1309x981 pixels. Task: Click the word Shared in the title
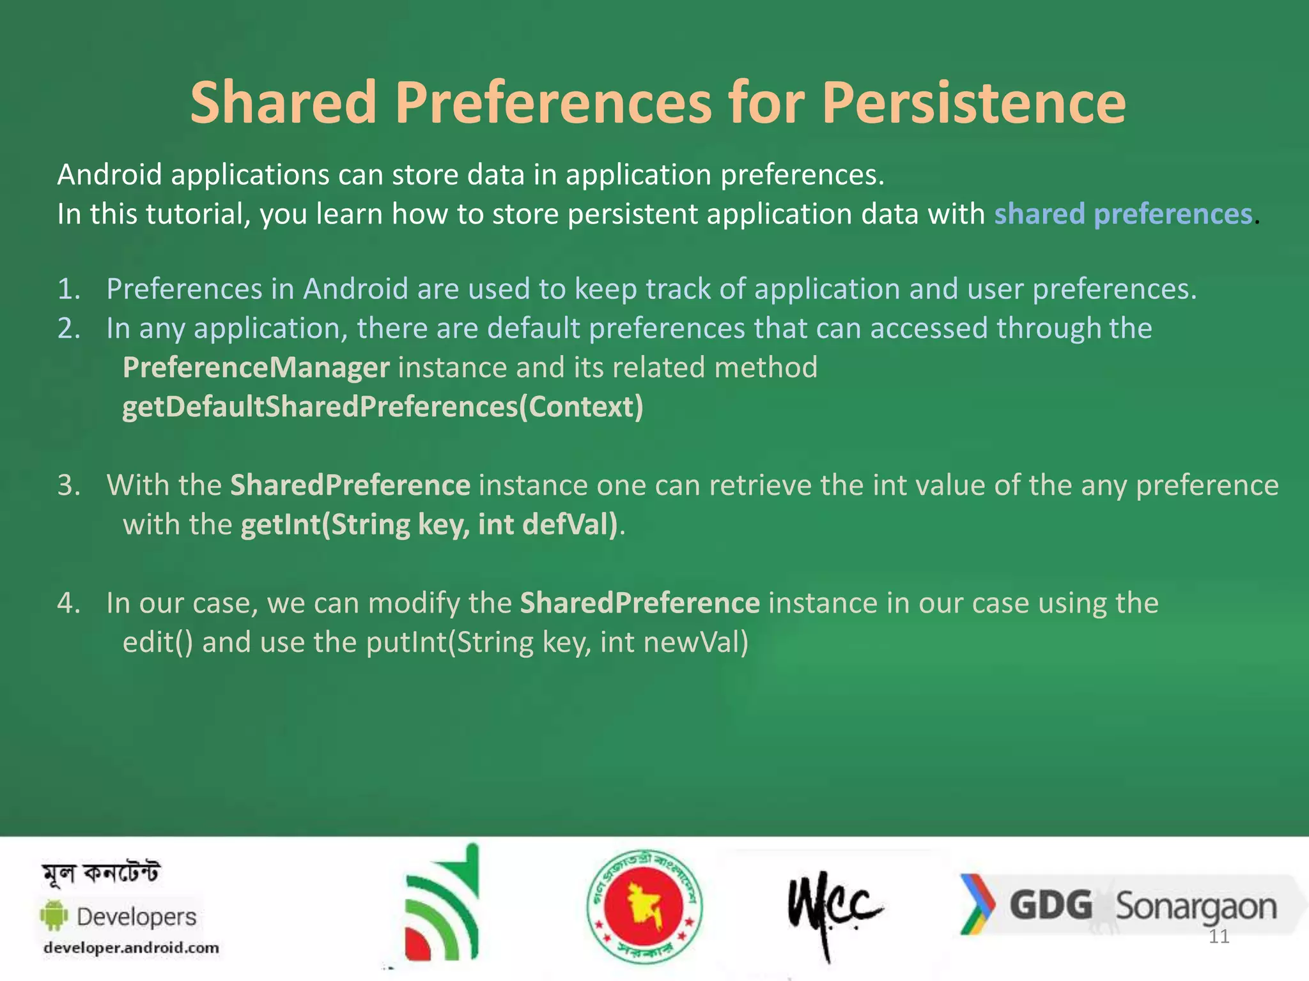[x=283, y=103]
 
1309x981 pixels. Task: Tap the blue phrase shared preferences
[x=1122, y=214]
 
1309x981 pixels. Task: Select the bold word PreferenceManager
[x=256, y=368]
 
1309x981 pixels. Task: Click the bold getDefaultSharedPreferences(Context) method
[x=382, y=407]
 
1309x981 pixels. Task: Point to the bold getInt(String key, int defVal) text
[x=430, y=524]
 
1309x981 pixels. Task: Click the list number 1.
[x=68, y=289]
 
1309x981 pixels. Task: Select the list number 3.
[x=68, y=485]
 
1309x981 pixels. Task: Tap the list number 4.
[x=68, y=603]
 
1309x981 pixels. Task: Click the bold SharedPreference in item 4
[x=639, y=603]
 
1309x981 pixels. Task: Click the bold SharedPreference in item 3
[x=350, y=485]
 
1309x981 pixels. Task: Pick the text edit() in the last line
[x=157, y=643]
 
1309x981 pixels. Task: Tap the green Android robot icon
[x=54, y=916]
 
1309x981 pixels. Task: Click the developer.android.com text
[x=131, y=948]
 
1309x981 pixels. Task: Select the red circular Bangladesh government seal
[x=644, y=906]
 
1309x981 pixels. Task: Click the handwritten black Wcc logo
[x=833, y=907]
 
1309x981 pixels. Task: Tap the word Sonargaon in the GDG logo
[x=1195, y=907]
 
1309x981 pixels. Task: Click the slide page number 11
[x=1219, y=937]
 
